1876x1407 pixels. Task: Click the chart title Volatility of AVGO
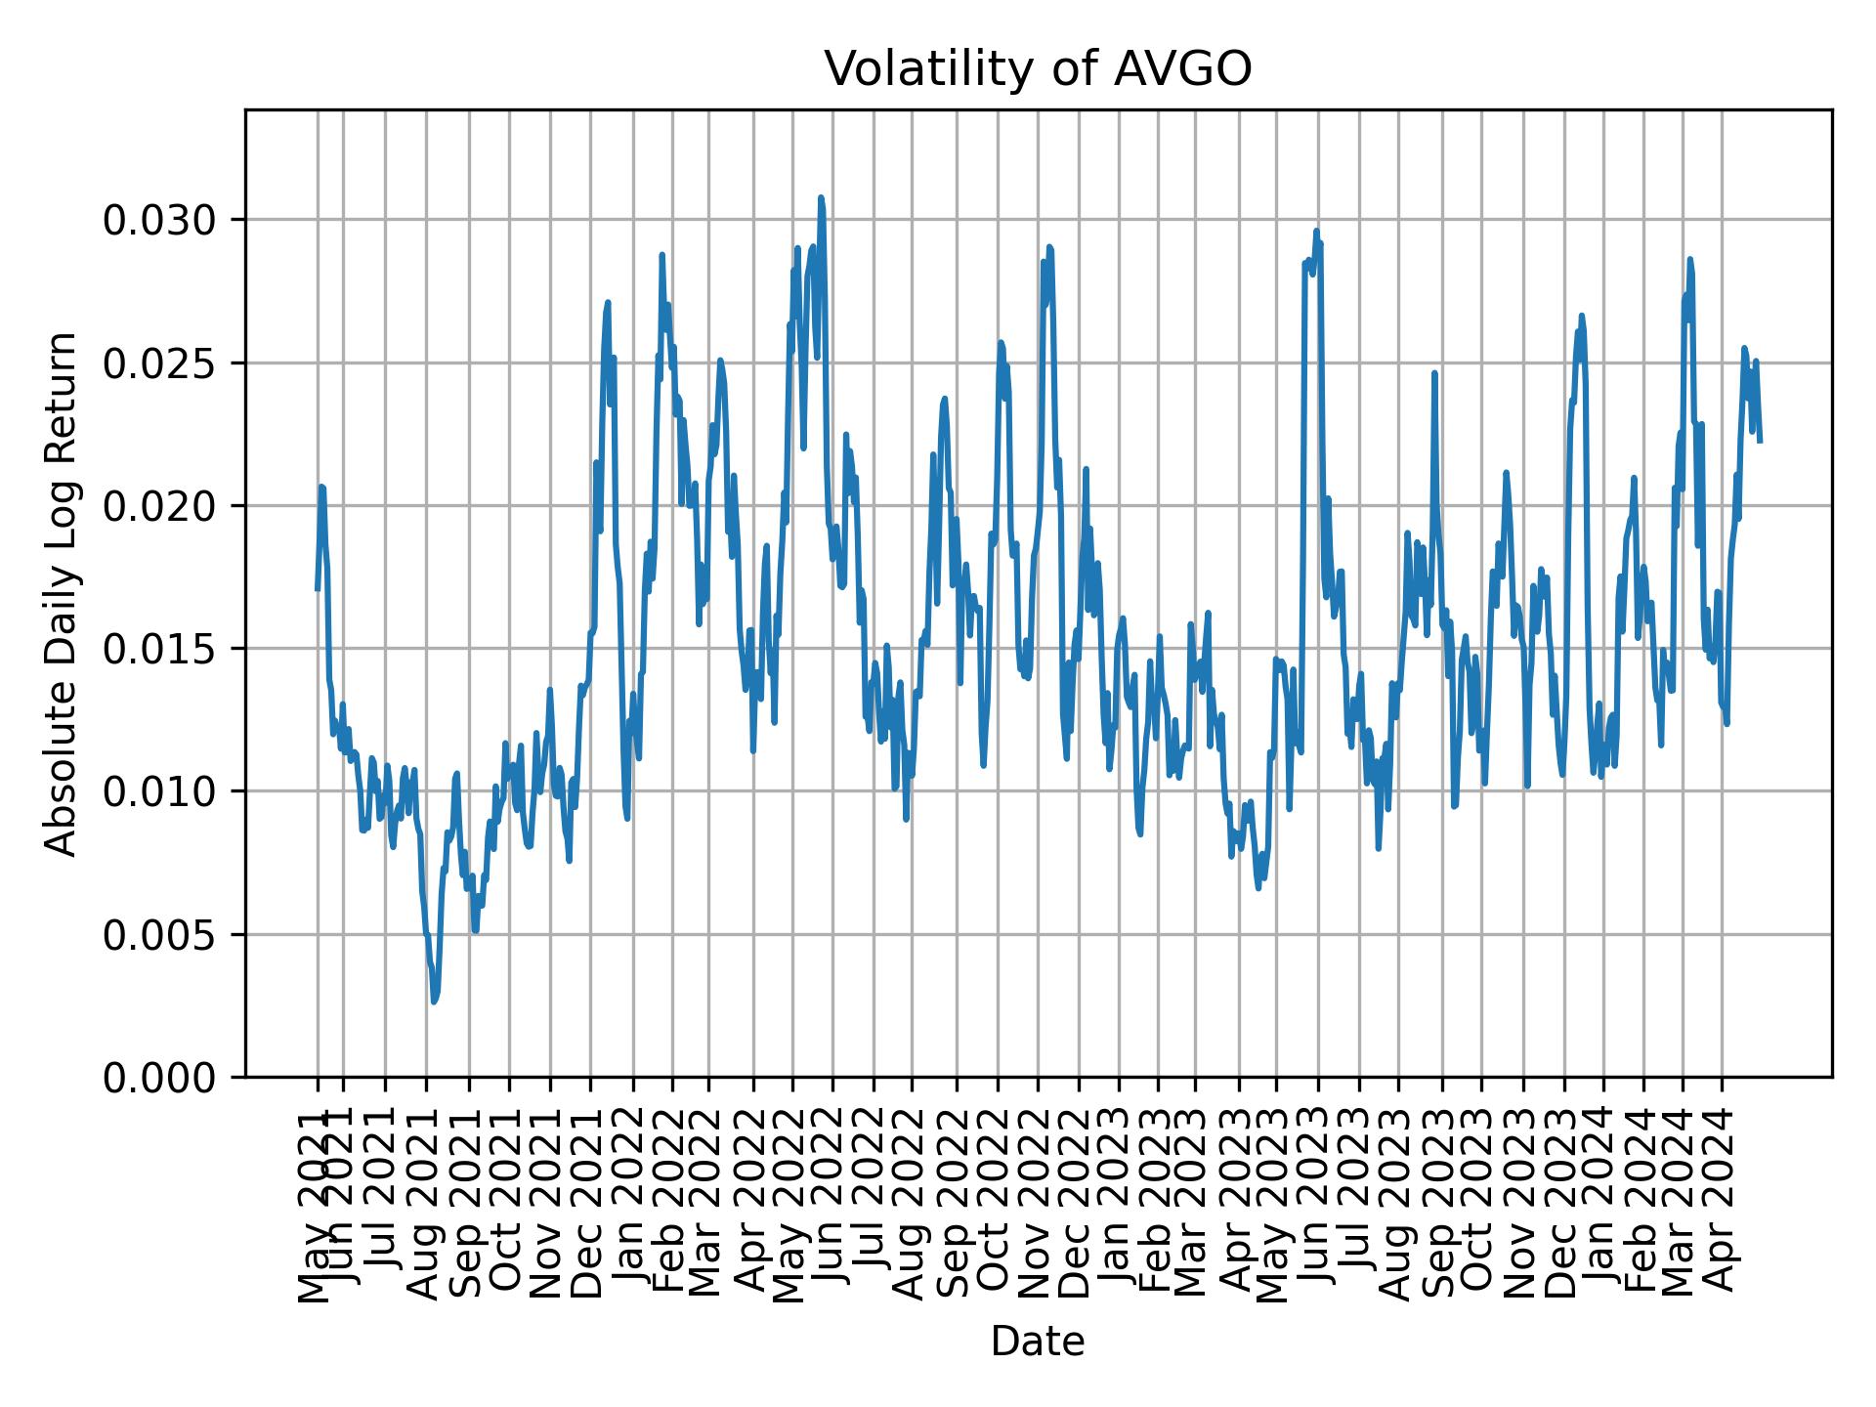[x=1038, y=69]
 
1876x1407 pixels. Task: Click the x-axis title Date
[x=1038, y=1342]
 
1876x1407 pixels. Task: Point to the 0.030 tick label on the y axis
[x=159, y=221]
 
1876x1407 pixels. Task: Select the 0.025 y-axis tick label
[x=159, y=363]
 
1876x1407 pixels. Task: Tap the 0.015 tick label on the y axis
[x=159, y=649]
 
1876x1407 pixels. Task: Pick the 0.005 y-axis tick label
[x=159, y=935]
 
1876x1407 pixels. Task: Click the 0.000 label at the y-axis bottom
[x=159, y=1078]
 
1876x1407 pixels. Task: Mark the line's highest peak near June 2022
[x=821, y=197]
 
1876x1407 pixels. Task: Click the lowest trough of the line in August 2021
[x=434, y=1002]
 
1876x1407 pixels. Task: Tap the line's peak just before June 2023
[x=1316, y=232]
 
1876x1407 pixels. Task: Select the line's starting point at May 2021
[x=318, y=589]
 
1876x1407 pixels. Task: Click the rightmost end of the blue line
[x=1760, y=441]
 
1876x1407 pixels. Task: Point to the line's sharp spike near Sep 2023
[x=1434, y=373]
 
